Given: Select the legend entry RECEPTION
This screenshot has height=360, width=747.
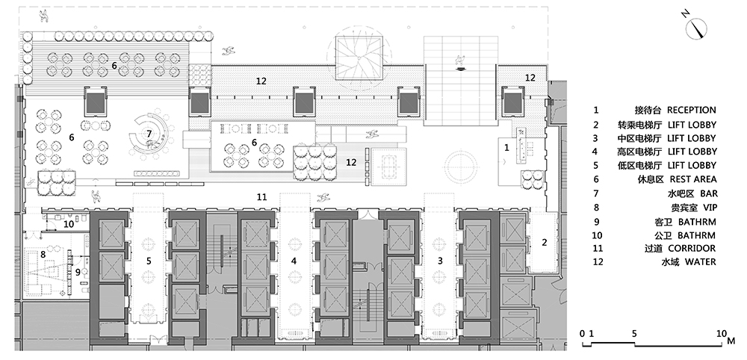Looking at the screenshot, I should click(692, 111).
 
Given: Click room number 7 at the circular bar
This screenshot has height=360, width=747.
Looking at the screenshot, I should click(149, 133).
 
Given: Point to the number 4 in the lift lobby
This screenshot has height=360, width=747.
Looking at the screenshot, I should click(294, 261).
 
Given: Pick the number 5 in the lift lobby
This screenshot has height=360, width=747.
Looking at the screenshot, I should click(149, 261).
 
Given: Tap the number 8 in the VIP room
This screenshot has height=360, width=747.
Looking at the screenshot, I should click(43, 255).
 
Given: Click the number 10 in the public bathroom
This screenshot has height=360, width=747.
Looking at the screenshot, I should click(68, 223).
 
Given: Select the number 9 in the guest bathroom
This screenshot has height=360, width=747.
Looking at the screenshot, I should click(77, 272).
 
